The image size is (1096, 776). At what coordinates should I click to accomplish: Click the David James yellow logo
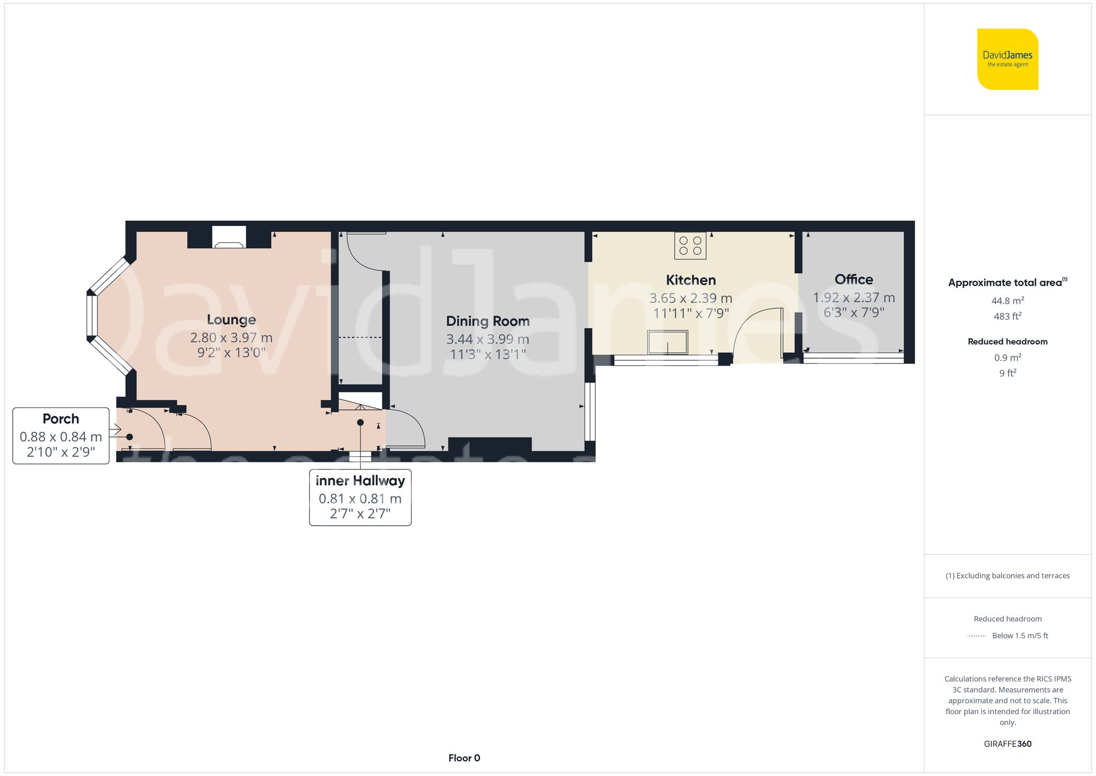tap(1007, 59)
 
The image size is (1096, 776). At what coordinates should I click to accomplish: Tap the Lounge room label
tap(231, 320)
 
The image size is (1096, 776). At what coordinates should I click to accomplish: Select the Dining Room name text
tap(488, 321)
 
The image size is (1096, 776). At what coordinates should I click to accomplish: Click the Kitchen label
tap(690, 280)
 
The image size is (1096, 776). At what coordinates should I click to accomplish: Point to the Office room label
tap(854, 280)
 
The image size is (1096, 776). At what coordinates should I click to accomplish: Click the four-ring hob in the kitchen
tap(690, 246)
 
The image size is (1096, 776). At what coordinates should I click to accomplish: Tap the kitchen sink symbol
tap(667, 342)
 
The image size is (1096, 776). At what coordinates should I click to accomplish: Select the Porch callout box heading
tap(61, 419)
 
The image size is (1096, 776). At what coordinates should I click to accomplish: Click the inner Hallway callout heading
tap(360, 481)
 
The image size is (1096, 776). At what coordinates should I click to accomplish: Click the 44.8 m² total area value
tap(1007, 301)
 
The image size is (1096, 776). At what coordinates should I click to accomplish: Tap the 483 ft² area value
tap(1007, 316)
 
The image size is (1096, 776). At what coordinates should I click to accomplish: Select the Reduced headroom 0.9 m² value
tap(1007, 358)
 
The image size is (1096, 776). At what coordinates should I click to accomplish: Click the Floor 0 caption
tap(464, 758)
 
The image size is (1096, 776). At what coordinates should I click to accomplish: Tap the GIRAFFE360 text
tap(1007, 744)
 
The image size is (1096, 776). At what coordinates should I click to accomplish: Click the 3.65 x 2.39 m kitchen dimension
tap(690, 298)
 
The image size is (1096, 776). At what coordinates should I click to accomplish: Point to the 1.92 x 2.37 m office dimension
tap(854, 298)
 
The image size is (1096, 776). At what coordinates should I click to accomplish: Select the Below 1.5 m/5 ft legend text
tap(1020, 636)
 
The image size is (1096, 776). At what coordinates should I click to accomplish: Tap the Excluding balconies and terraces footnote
tap(1007, 576)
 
